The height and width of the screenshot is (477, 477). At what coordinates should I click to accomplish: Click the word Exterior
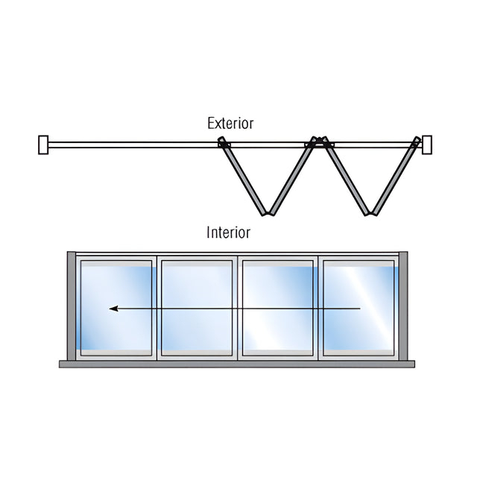coord(230,123)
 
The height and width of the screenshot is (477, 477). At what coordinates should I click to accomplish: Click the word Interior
coord(229,233)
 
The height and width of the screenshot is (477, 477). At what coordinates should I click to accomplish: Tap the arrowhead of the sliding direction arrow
coord(113,309)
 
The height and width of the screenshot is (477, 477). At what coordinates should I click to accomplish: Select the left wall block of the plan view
coord(43,145)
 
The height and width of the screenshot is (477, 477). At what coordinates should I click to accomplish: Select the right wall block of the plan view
coord(427,145)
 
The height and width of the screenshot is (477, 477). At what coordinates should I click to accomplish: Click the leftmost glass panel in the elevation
coord(116,308)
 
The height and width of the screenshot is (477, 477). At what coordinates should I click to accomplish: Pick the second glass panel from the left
coord(197,308)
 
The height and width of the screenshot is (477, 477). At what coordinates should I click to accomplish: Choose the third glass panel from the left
coord(278,308)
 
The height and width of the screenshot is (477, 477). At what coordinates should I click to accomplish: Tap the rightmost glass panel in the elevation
coord(358,308)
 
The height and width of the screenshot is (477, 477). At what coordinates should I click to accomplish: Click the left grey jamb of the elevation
coord(72,306)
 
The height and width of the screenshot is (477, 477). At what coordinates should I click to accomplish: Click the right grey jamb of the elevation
coord(403,306)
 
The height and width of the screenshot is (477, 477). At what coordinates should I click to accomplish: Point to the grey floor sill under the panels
coord(237,364)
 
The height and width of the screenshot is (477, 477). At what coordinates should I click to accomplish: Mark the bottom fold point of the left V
coord(268,213)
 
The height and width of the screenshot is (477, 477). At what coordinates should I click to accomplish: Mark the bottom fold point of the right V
coord(371,213)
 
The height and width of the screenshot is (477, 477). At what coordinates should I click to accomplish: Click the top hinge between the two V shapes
coord(320,141)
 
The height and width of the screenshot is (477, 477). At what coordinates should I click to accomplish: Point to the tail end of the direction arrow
coord(360,309)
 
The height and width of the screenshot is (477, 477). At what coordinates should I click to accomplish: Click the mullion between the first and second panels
coord(157,308)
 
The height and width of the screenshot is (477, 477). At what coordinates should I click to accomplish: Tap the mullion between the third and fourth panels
coord(318,308)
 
